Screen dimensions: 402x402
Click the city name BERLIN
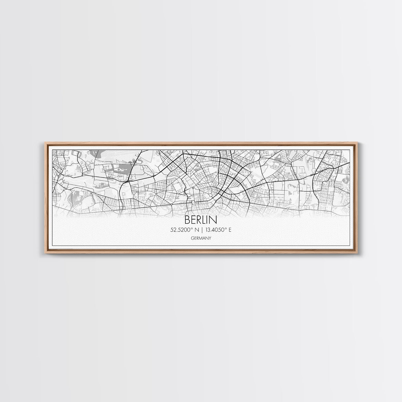201,220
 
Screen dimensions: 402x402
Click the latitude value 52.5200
183,230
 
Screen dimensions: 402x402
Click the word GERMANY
201,238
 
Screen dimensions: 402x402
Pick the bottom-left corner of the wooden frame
43,253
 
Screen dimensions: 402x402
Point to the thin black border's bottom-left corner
52,245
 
